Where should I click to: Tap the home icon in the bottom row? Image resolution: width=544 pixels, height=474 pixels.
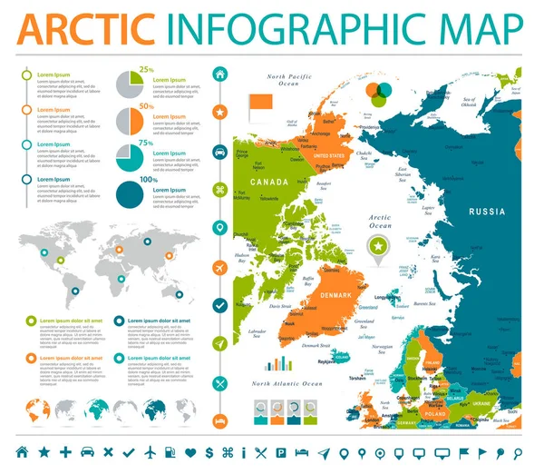click(x=21, y=451)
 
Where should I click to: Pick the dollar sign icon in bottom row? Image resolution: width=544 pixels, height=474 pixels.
click(x=209, y=451)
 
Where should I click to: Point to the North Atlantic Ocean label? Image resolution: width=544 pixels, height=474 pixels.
click(x=287, y=384)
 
